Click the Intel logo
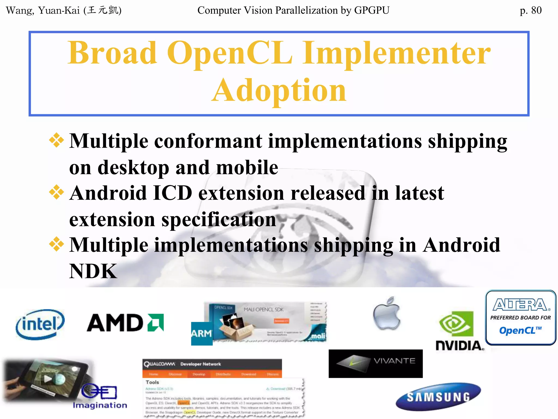40,325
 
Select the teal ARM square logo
202,334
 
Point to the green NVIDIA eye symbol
456,324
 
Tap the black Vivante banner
375,364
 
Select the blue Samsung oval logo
438,397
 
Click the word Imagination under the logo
100,405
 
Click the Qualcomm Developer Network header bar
212,364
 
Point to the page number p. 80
530,10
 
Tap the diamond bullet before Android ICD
56,192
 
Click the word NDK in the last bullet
93,271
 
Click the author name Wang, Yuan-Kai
43,10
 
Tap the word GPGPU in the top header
372,10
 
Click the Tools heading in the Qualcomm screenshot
152,382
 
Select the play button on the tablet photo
48,379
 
